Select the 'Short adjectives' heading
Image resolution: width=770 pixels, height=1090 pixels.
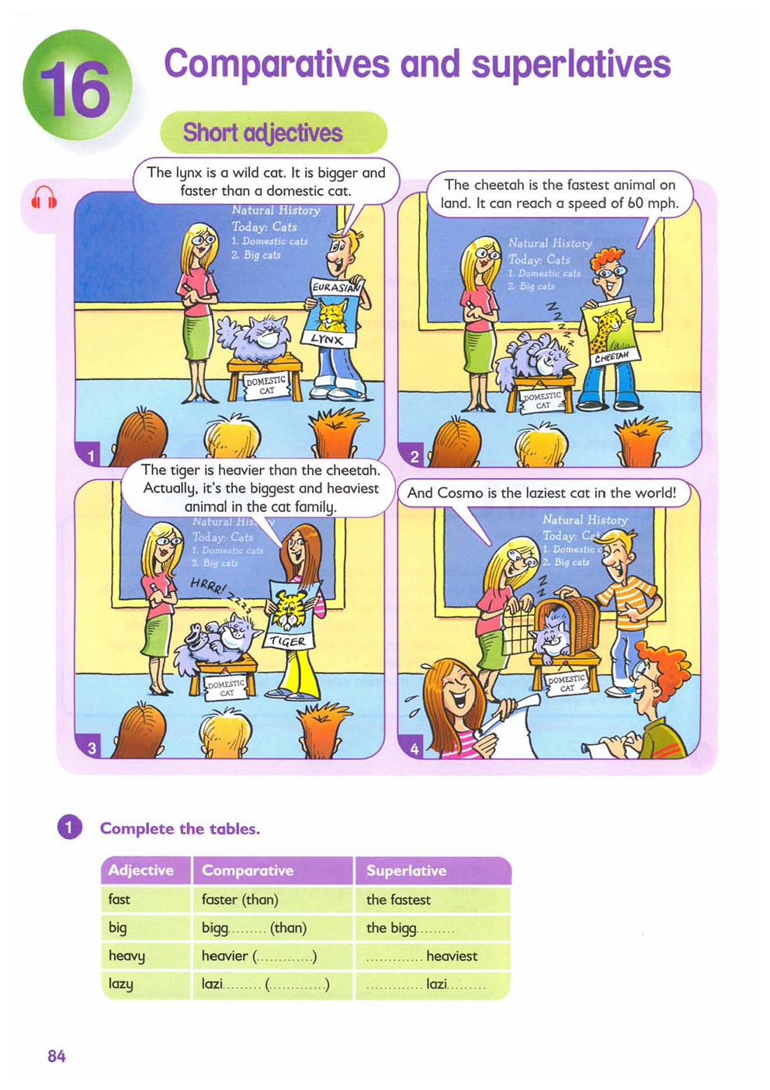tap(262, 133)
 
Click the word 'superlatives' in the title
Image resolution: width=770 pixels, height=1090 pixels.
tap(571, 64)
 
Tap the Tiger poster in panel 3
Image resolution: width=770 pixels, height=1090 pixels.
tap(291, 615)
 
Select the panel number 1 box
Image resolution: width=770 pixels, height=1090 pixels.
tap(91, 456)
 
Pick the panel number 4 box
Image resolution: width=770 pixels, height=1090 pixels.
tap(414, 748)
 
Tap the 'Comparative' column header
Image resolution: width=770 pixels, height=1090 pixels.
tap(248, 871)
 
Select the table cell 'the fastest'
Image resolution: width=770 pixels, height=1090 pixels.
tap(398, 900)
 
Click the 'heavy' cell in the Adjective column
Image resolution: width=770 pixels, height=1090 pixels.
tap(127, 956)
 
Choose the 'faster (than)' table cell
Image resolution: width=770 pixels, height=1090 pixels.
tap(240, 900)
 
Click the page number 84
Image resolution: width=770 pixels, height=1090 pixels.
tap(57, 1056)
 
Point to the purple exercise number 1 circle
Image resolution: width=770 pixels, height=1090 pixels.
tap(68, 828)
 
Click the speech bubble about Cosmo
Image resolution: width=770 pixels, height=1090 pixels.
tap(542, 493)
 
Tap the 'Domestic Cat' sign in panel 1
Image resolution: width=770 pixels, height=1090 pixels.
tap(265, 385)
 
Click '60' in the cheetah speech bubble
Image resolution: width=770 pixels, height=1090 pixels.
tap(636, 204)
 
